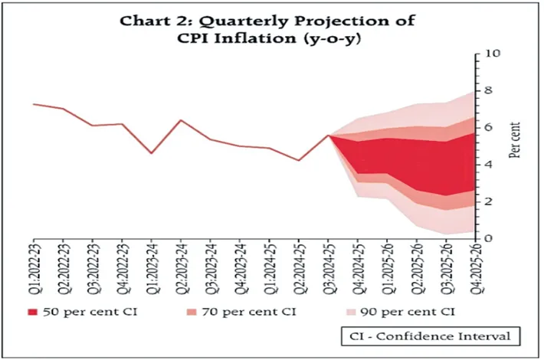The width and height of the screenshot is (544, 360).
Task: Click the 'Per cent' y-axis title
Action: (x=514, y=139)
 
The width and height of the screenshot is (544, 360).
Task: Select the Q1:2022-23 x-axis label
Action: (x=34, y=264)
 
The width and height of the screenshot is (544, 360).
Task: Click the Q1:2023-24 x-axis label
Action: (x=152, y=264)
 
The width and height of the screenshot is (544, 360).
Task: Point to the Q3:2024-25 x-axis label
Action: (x=329, y=264)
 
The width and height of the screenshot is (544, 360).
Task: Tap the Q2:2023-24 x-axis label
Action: (x=182, y=264)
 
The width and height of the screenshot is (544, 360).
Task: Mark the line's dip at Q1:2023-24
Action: (x=152, y=153)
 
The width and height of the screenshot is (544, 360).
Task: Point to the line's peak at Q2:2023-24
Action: (x=181, y=120)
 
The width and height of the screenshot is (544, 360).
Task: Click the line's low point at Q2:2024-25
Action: (x=299, y=160)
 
